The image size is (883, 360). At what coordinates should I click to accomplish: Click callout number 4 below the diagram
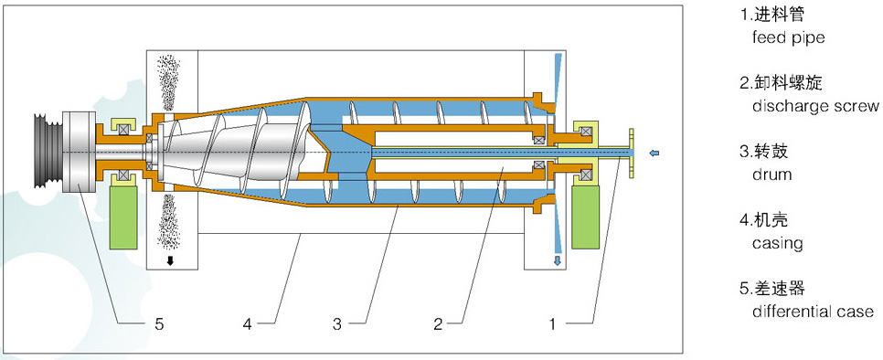247,323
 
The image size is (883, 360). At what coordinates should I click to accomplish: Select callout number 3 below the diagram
337,323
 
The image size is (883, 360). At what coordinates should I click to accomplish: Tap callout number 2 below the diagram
438,323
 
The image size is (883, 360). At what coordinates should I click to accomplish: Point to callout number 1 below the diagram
553,323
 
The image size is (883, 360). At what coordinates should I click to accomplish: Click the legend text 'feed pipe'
788,37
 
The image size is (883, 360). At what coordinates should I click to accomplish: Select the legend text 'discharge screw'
814,106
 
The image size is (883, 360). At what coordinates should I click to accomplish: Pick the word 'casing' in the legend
777,244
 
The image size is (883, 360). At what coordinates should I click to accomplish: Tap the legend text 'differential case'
813,311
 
